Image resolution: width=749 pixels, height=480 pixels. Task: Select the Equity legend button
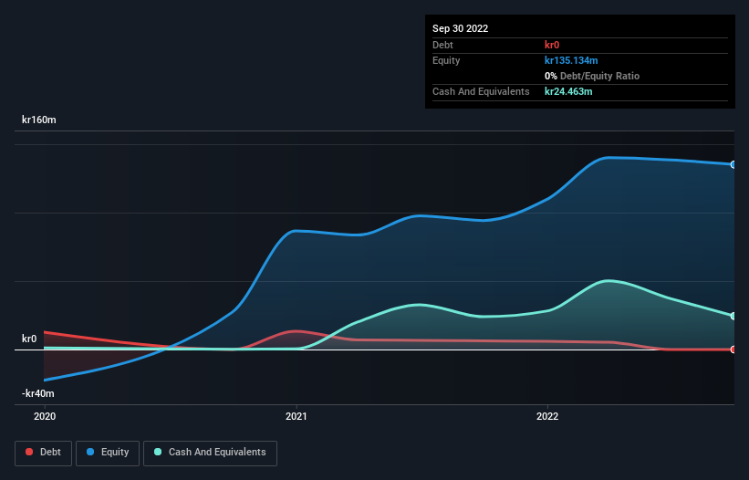(108, 453)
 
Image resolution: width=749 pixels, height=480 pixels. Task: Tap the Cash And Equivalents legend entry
(210, 453)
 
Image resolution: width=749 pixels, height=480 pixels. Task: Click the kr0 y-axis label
(29, 339)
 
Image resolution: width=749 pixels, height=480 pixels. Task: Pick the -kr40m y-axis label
(38, 393)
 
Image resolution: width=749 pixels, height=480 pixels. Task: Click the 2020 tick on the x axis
(44, 416)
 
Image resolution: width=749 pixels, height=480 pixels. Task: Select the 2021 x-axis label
(296, 416)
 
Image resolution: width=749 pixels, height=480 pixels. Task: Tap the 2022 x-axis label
(546, 416)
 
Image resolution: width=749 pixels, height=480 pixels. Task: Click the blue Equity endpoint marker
(733, 165)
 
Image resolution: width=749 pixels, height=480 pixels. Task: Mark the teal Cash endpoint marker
(733, 317)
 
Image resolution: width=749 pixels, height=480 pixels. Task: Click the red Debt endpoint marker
(733, 350)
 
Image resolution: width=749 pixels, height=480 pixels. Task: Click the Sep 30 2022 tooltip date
(460, 28)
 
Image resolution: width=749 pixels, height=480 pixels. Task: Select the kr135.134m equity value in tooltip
(571, 60)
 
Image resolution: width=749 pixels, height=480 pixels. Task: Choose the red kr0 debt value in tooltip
(552, 45)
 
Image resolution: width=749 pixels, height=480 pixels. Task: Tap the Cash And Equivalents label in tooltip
(481, 92)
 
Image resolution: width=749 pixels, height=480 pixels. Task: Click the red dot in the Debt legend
(30, 453)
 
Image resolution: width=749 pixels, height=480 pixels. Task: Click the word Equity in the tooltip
(446, 60)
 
